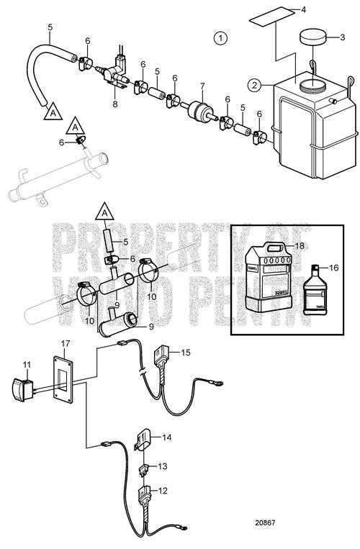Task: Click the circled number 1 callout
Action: (221, 36)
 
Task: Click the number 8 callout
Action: (115, 104)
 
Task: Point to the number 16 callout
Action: (333, 266)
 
